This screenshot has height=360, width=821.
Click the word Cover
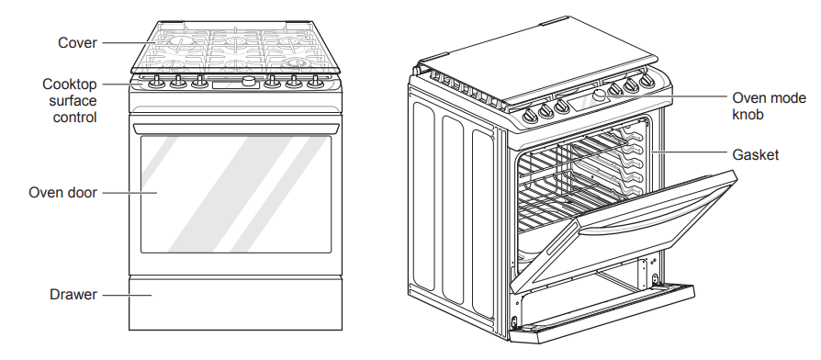(77, 42)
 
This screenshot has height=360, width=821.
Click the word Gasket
(755, 155)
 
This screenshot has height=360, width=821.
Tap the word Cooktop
(70, 84)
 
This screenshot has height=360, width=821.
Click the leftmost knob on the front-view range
(155, 84)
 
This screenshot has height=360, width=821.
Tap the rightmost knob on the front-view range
(316, 84)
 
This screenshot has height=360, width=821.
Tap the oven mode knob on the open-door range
(602, 96)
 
